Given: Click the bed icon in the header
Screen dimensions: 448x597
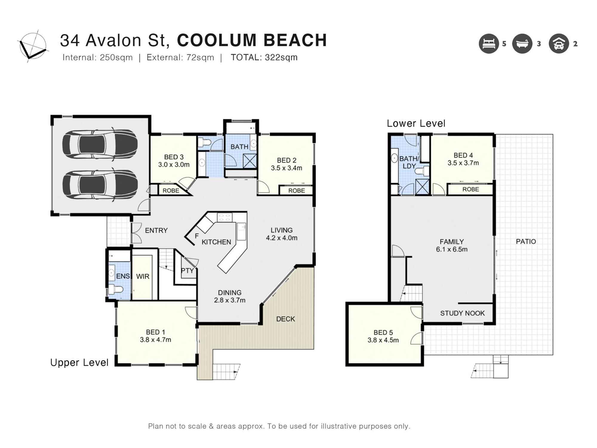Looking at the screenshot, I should pos(489,44).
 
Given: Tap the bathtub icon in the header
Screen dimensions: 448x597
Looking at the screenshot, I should pos(522,44).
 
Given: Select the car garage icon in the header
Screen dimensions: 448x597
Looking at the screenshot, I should pos(558,44).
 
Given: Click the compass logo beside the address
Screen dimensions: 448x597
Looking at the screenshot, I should pos(33,47).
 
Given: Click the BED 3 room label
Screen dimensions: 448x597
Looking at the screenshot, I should pos(174,157).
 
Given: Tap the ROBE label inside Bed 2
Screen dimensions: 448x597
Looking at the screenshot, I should pos(296,191).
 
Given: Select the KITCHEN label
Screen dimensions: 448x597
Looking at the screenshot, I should pos(216,242).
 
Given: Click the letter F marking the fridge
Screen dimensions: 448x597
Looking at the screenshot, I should pos(197,236).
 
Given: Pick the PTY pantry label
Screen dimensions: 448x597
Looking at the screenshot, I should pos(187,271).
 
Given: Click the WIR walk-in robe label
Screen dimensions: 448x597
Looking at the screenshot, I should pos(143,277).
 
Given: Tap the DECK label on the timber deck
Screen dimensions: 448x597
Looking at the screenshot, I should pos(285,319).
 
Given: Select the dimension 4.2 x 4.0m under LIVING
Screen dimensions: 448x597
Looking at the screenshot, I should pos(281,238).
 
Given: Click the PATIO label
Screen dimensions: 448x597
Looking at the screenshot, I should pos(526,242).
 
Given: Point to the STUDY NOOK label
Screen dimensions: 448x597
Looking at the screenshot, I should pos(462,313).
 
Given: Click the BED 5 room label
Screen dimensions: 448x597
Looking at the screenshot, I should pos(383,332).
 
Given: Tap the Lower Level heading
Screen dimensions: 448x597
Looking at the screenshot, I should pos(416,123).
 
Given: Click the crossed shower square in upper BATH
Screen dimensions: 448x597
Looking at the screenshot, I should pos(250,161).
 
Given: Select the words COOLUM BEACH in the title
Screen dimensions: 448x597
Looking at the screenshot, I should pos(252,40).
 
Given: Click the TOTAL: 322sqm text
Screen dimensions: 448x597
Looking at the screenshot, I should pos(264,57).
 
